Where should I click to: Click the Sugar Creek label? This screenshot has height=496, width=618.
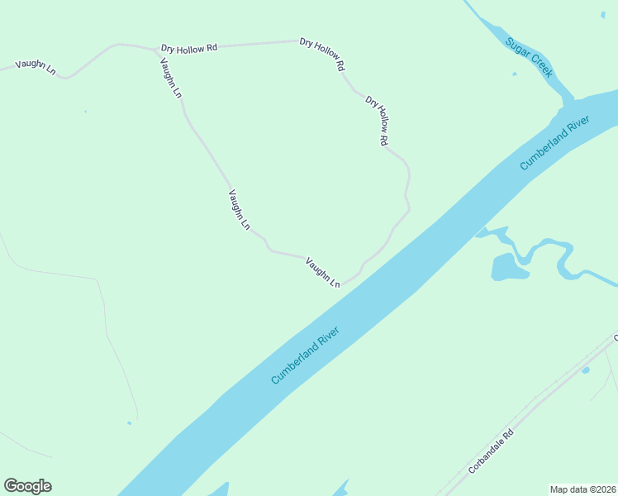coord(529,57)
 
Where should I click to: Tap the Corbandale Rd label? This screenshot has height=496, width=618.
coord(491,451)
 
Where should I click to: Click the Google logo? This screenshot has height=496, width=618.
coord(27,486)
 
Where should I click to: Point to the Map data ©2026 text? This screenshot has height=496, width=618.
coord(582,489)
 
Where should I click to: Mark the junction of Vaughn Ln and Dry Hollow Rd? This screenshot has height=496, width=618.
coord(154,50)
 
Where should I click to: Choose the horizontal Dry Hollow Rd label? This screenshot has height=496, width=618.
coord(188,48)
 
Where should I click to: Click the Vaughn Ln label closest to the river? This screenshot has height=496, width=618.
coord(322,273)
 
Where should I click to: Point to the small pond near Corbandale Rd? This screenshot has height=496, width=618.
coord(585,370)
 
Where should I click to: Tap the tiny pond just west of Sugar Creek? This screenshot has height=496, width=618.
coord(514,74)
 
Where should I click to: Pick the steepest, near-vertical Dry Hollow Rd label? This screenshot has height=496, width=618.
coord(377,121)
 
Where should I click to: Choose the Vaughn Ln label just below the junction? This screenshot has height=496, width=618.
coord(170,79)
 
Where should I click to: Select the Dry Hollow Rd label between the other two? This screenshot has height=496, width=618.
coord(321,54)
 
